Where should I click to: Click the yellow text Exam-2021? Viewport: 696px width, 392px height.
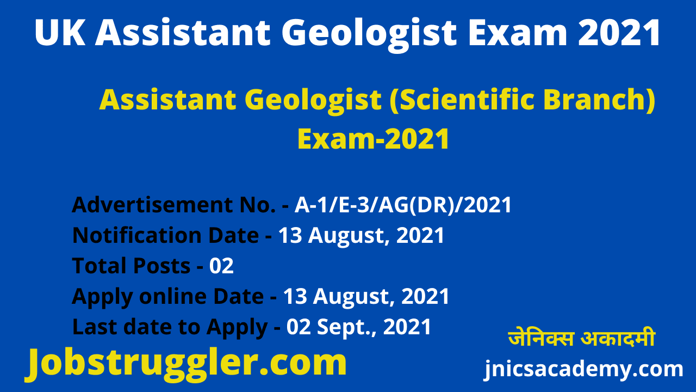click(374, 139)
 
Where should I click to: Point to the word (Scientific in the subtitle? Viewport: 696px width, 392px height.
click(456, 101)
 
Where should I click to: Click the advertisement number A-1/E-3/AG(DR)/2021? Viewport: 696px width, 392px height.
click(403, 205)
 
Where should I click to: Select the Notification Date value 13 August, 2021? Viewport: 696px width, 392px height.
click(362, 236)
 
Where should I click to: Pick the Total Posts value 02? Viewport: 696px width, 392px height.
click(221, 266)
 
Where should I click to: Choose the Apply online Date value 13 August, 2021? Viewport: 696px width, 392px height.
click(366, 297)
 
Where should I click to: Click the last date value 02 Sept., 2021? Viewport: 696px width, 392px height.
click(359, 327)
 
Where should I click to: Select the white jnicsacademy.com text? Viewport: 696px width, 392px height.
click(583, 370)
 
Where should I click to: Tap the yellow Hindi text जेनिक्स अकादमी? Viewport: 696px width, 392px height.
click(581, 339)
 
